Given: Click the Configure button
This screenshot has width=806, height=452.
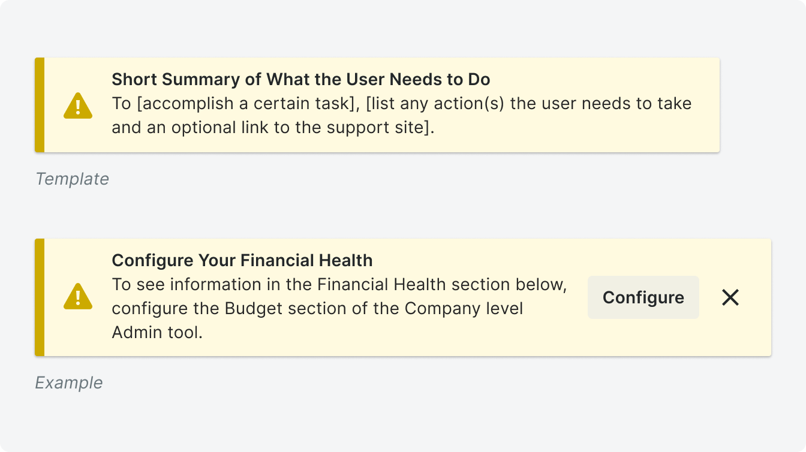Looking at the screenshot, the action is pyautogui.click(x=643, y=297).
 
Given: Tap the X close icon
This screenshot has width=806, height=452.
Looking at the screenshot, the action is pyautogui.click(x=730, y=297).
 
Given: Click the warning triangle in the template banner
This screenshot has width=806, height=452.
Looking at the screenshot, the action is pyautogui.click(x=78, y=106).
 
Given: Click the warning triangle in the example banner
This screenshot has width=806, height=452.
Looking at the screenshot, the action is pyautogui.click(x=78, y=296).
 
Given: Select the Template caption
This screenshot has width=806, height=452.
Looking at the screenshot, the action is pyautogui.click(x=72, y=179).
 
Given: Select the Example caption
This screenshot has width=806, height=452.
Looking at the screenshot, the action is pyautogui.click(x=69, y=382).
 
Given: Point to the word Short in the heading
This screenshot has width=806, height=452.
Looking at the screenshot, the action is pyautogui.click(x=134, y=79).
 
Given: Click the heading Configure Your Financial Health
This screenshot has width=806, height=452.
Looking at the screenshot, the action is pyautogui.click(x=242, y=260).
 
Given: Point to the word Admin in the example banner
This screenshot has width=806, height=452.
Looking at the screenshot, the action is pyautogui.click(x=137, y=332).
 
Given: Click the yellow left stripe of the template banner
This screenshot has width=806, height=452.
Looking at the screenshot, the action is pyautogui.click(x=40, y=105).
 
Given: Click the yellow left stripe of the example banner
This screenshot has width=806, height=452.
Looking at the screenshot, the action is pyautogui.click(x=40, y=297).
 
